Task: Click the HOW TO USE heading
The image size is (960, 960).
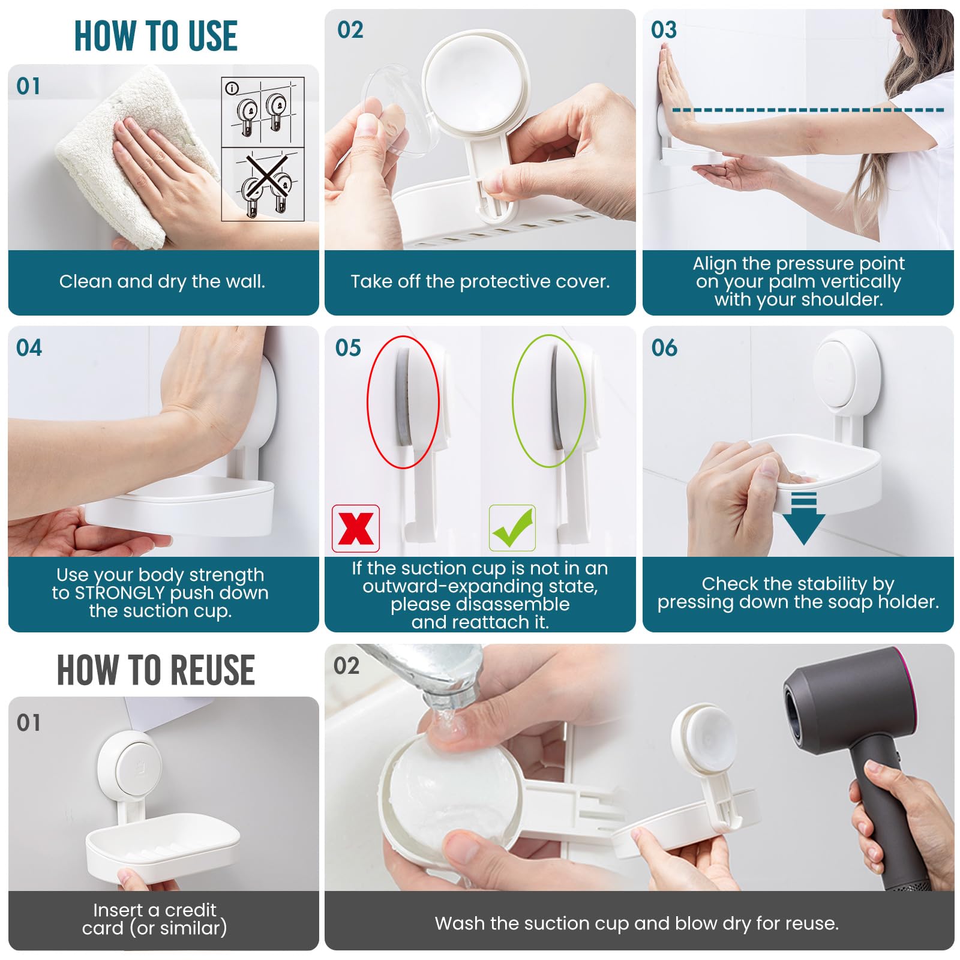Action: (155, 36)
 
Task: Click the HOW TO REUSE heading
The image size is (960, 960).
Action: (155, 670)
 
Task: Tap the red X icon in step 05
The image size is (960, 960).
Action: (356, 529)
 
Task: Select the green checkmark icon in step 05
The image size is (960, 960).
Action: (512, 528)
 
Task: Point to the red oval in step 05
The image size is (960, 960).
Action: (403, 401)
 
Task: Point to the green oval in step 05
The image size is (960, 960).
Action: (548, 401)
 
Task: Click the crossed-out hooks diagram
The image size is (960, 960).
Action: (263, 184)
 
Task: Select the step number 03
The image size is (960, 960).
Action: (664, 30)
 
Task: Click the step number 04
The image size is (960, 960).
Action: (29, 348)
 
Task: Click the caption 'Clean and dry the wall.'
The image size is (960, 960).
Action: (162, 281)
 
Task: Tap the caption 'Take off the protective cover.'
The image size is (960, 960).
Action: (480, 281)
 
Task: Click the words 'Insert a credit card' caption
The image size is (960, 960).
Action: (155, 919)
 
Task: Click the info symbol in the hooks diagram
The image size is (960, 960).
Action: (232, 89)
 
